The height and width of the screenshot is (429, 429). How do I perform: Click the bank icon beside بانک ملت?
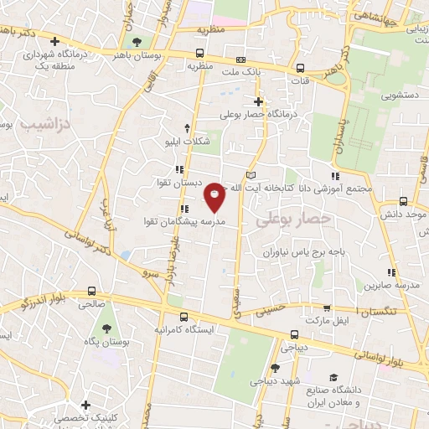pos(241,59)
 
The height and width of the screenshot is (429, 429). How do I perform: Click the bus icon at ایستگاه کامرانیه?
pos(183,317)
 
